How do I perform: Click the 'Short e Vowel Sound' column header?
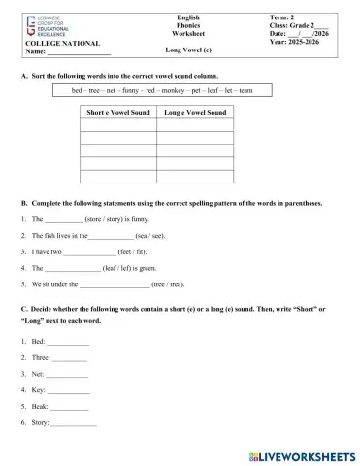[115, 113]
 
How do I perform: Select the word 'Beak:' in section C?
[39, 407]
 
